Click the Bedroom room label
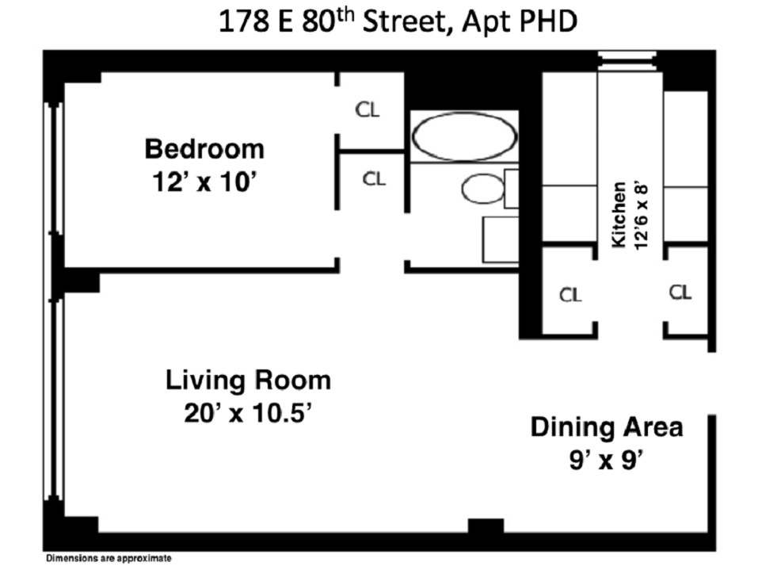point(204,148)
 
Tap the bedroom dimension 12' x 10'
point(204,182)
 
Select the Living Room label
point(247,381)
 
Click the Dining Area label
point(606,427)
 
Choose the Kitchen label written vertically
point(619,214)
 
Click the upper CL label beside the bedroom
point(367,110)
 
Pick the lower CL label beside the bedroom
point(374,179)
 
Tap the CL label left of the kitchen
point(570,295)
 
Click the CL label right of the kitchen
point(680,293)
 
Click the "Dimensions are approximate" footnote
point(108,559)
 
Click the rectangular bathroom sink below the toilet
point(500,239)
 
